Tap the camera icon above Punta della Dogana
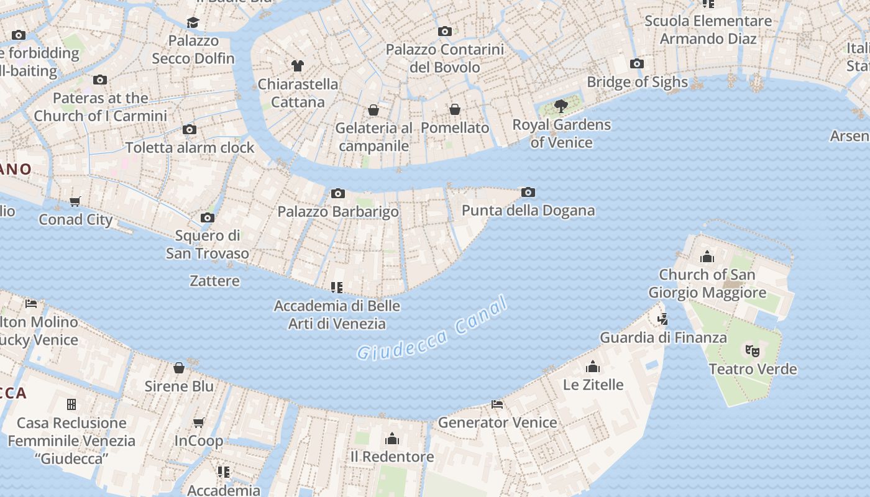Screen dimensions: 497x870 pos(528,193)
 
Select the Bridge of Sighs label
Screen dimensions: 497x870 pos(637,82)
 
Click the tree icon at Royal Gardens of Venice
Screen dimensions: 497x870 pos(561,106)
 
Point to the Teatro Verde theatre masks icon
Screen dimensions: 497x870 pos(753,351)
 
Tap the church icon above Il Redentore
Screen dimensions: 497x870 pos(392,439)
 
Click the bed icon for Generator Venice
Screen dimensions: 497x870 pos(497,404)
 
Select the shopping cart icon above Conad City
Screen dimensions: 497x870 pos(75,201)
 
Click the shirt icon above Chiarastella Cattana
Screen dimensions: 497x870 pos(298,65)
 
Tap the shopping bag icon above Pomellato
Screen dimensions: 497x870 pos(455,109)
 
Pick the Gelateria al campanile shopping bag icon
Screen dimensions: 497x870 pos(373,110)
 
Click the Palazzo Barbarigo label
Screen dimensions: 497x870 pos(338,211)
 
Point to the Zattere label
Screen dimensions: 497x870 pos(214,281)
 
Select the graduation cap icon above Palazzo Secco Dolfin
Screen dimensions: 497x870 pos(193,23)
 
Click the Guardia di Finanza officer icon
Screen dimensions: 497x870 pos(662,319)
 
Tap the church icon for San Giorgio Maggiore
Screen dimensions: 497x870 pos(707,257)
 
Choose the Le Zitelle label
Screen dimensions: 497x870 pos(593,385)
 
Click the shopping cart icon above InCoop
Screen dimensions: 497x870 pos(198,423)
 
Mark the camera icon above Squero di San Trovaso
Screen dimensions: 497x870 pos(208,218)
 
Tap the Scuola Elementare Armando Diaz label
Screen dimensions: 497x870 pos(708,30)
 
